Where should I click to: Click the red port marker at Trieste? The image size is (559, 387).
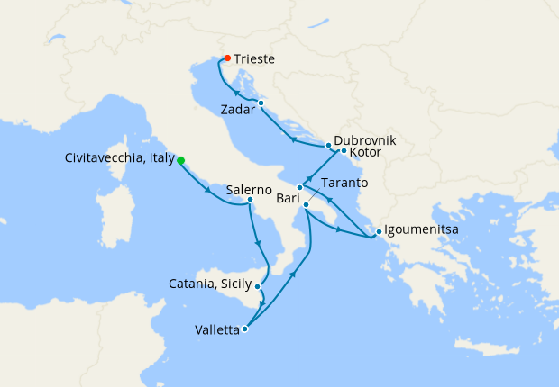click(226, 58)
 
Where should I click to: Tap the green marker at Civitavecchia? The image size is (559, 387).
click(180, 160)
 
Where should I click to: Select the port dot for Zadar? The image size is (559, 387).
click(261, 103)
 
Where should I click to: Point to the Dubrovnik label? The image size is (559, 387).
click(364, 141)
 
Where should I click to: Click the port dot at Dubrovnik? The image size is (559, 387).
click(328, 145)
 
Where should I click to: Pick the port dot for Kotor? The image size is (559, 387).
click(344, 150)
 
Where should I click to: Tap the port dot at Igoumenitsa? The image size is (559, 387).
click(379, 229)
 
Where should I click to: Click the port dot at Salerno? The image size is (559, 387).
click(250, 200)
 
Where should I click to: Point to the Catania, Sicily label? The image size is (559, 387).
click(210, 284)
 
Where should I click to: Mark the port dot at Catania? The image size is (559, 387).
click(258, 287)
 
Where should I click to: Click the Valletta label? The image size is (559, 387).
click(217, 329)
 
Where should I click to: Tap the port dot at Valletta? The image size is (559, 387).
click(244, 328)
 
